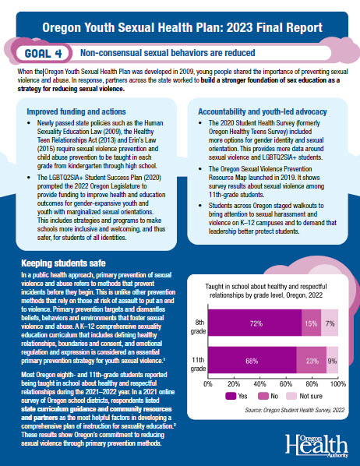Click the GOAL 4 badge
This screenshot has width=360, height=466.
[x=43, y=54]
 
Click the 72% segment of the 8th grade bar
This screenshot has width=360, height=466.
[x=255, y=323]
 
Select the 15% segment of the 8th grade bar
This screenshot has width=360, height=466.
[x=311, y=323]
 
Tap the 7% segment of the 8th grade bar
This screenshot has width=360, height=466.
[x=330, y=323]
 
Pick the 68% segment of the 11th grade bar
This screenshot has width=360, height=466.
[x=252, y=360]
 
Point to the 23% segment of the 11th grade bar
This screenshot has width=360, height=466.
[x=311, y=360]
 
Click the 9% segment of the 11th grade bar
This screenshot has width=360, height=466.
[x=333, y=360]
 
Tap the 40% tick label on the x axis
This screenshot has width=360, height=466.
[x=259, y=384]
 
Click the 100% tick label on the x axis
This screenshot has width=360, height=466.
[x=338, y=384]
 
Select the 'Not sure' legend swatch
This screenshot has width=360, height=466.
[x=291, y=396]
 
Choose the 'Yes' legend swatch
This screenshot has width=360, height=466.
[x=231, y=396]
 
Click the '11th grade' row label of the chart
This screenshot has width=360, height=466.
[x=198, y=364]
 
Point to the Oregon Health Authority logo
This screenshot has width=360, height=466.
[x=317, y=446]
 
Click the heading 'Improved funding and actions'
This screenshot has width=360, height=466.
[x=76, y=111]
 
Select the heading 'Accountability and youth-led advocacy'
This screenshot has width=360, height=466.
[x=263, y=111]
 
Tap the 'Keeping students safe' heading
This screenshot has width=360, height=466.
[x=63, y=263]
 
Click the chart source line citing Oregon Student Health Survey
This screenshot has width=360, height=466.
[x=295, y=410]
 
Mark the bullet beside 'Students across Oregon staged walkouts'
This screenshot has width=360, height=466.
[x=200, y=206]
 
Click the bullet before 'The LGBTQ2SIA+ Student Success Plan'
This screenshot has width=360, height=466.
[x=29, y=178]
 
